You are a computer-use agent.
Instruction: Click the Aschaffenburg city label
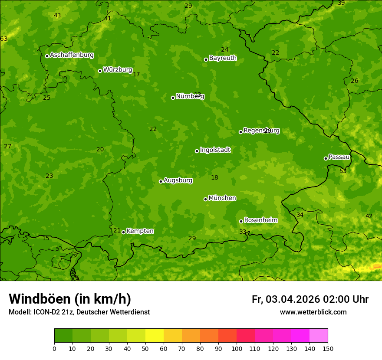[x=72, y=55]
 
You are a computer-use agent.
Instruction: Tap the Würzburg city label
[x=118, y=70]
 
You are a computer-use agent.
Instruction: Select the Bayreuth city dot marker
[x=206, y=59]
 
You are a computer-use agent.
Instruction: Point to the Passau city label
[x=339, y=157]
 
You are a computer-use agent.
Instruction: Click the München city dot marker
[x=205, y=199]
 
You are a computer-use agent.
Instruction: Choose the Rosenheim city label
[x=260, y=220]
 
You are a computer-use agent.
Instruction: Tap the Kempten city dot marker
[x=123, y=232]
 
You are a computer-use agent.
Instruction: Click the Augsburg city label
[x=178, y=180]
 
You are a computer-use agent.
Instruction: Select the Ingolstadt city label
[x=215, y=150]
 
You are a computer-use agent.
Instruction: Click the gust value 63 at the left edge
[x=4, y=39]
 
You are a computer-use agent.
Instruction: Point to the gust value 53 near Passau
[x=343, y=171]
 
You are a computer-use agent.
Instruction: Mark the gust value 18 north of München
[x=214, y=177]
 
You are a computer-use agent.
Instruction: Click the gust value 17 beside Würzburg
[x=136, y=75]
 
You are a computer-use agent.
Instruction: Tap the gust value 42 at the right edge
[x=369, y=216]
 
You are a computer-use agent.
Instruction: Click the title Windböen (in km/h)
[x=70, y=299]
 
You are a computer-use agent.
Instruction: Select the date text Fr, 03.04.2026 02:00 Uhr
[x=310, y=299]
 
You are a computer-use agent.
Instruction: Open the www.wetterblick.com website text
[x=313, y=312]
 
